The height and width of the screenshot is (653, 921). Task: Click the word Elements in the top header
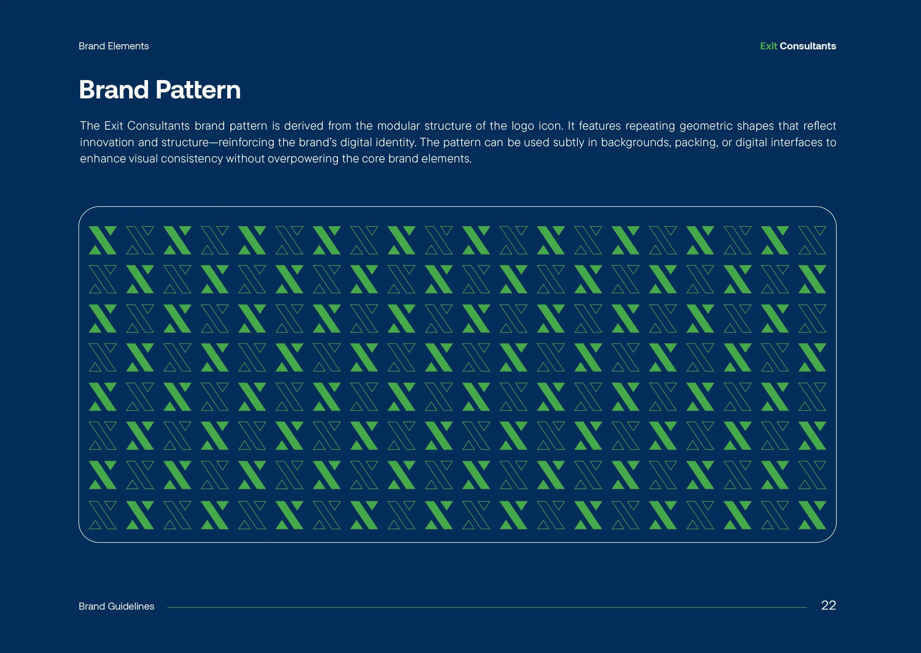pos(128,46)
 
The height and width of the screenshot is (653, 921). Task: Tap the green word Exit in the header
pos(768,46)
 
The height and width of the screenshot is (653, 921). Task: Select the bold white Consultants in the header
pos(808,46)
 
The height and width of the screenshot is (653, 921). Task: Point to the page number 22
pos(828,606)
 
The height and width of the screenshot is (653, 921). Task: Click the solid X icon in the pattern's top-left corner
pos(103,240)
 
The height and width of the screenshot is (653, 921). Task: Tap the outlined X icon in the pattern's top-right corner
pos(812,240)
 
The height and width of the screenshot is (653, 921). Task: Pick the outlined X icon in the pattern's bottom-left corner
pos(103,515)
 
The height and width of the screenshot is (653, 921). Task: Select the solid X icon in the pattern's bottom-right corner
pos(812,515)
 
